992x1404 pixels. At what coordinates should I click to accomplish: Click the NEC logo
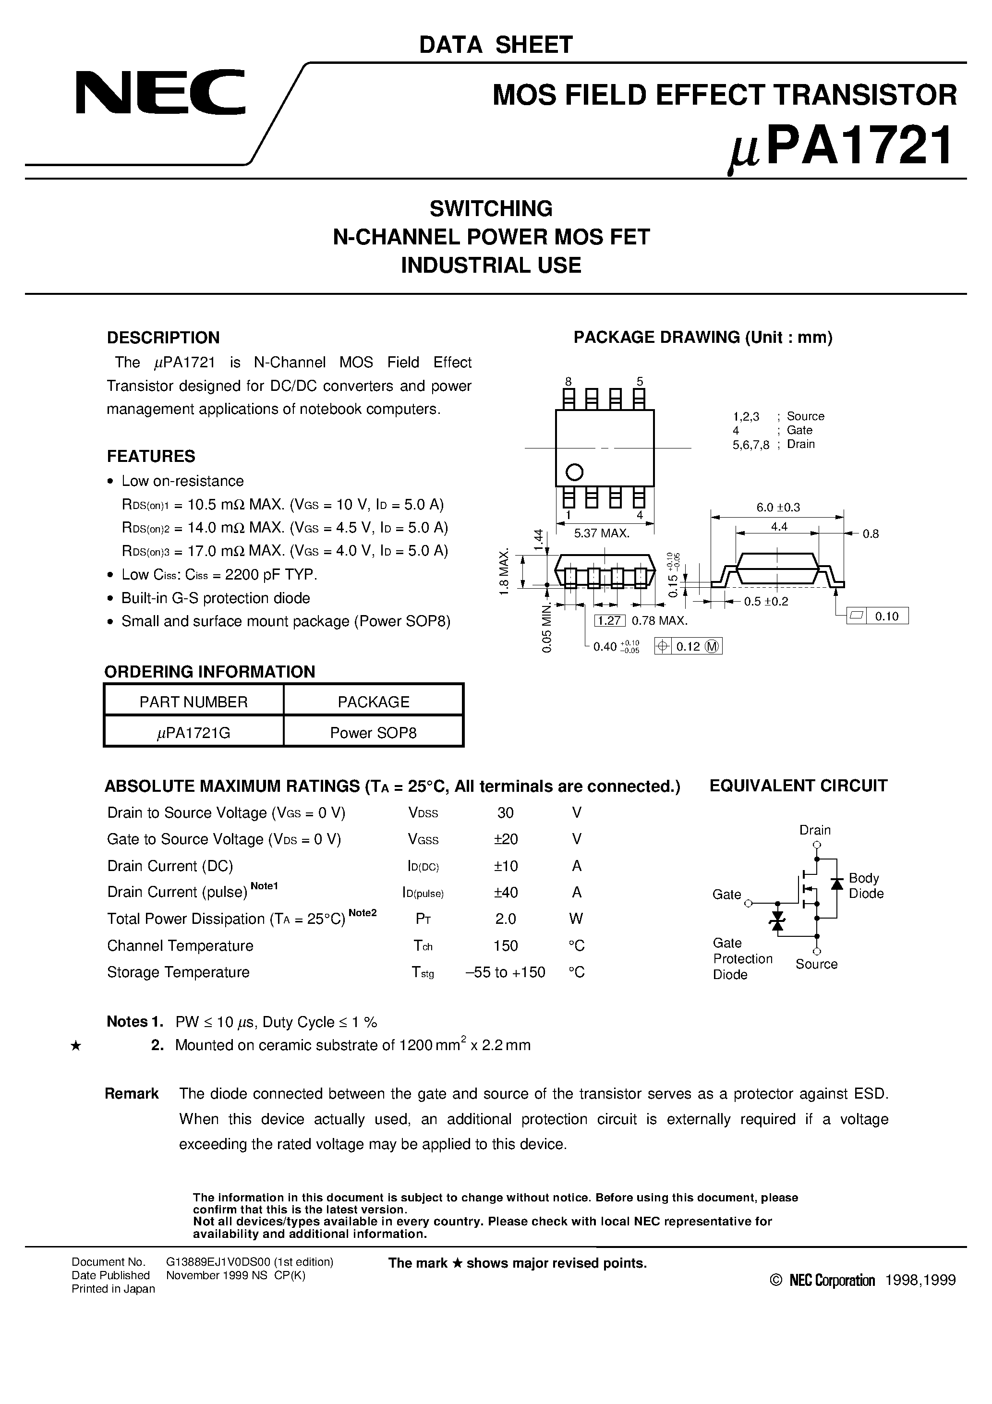click(160, 92)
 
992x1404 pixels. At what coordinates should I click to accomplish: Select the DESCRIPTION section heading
click(163, 338)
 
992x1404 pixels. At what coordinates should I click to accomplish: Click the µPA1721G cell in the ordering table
click(194, 733)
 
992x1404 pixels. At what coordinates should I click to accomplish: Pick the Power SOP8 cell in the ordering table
click(373, 733)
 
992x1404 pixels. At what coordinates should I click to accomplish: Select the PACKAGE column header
click(373, 702)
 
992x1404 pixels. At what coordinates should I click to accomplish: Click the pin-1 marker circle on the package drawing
click(574, 472)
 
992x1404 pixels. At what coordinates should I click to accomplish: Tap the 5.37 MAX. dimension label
click(601, 533)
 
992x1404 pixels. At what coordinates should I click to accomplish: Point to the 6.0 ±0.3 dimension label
click(778, 508)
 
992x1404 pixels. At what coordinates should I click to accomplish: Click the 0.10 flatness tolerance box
click(886, 617)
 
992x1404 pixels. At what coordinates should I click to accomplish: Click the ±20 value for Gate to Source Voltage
click(505, 839)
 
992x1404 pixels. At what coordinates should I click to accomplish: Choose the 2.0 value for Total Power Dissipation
click(505, 919)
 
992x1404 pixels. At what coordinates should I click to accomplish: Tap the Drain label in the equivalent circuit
click(815, 830)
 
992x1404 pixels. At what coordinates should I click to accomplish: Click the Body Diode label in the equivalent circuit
click(865, 885)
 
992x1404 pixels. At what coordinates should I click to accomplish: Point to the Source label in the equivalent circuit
click(816, 964)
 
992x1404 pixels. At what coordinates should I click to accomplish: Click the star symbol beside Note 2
click(76, 1046)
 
